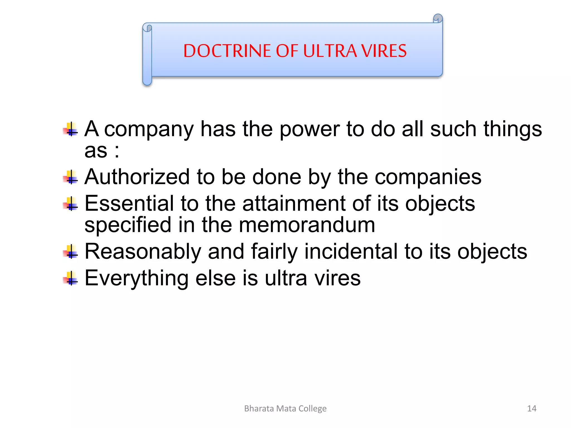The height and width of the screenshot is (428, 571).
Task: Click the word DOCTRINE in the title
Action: point(227,51)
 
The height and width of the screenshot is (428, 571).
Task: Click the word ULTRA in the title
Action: point(330,51)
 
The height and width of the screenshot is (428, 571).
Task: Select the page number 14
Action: point(532,408)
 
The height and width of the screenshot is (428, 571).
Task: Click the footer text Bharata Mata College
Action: point(285,408)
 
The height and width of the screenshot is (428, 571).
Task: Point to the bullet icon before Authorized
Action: point(71,177)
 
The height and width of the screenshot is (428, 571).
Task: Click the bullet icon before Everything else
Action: point(71,278)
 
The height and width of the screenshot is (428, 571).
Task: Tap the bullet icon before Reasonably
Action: point(71,252)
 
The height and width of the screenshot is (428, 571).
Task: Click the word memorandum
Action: point(307,225)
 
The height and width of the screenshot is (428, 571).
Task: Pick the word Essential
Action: point(129,203)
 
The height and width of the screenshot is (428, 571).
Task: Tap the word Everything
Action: point(136,279)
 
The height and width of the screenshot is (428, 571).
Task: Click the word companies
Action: point(428,177)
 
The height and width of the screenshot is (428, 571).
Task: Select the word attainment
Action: point(294,203)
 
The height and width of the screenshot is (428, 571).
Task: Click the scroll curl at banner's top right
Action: point(438,19)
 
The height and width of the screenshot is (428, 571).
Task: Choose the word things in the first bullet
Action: point(512,129)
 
